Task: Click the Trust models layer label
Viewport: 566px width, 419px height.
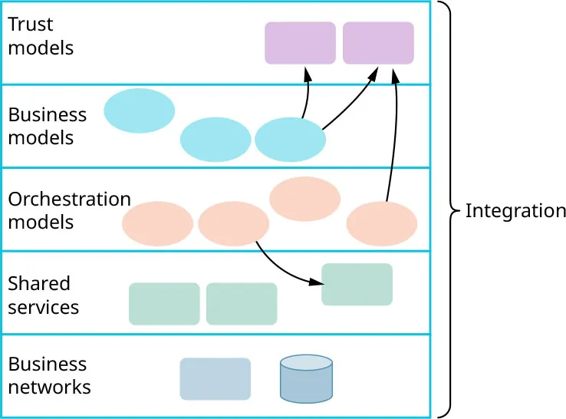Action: (x=41, y=36)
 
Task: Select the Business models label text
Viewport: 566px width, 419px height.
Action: (x=47, y=126)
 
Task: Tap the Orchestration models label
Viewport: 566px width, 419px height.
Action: (x=69, y=210)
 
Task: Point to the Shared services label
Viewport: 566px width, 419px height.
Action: (x=43, y=295)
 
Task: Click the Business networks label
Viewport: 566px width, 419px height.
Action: (x=49, y=375)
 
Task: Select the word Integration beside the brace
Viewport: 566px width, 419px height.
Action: (x=515, y=211)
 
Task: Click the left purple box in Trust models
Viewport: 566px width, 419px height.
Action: (x=300, y=43)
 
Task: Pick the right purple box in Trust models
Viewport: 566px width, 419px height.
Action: (x=378, y=43)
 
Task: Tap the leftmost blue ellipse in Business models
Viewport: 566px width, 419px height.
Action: (x=139, y=111)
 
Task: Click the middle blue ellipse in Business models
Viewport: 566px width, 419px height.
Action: (x=216, y=140)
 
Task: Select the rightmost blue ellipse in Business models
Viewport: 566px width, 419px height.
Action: (x=290, y=140)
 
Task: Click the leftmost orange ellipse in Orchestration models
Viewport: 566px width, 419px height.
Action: (x=157, y=223)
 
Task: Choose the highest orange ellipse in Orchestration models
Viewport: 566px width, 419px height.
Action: (x=304, y=199)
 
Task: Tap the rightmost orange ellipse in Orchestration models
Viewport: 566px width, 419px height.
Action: (x=381, y=223)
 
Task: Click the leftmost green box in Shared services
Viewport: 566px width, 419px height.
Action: (x=164, y=304)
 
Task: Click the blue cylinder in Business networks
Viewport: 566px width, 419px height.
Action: (x=306, y=378)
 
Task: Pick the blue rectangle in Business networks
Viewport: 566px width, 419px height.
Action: (x=215, y=378)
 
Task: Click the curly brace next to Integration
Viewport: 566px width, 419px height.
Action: (x=452, y=209)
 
